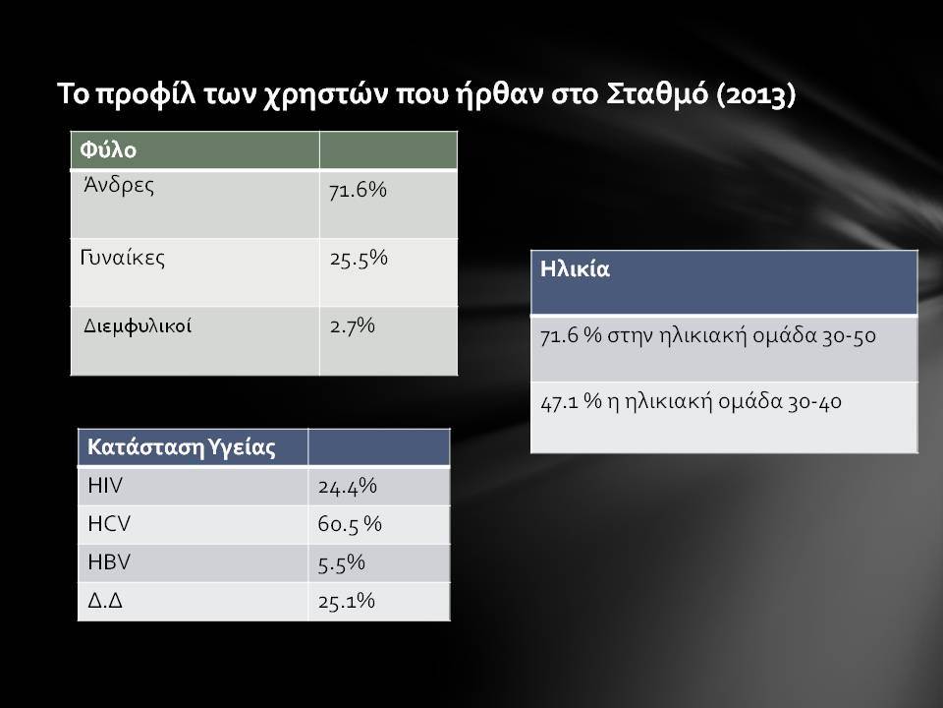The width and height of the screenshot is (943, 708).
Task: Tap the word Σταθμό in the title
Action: tap(657, 94)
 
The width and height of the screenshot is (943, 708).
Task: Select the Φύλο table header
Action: tap(108, 149)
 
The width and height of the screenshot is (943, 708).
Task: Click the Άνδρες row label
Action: tap(119, 186)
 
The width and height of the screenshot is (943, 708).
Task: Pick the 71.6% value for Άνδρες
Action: tap(358, 190)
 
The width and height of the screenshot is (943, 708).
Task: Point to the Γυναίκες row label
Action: tap(122, 258)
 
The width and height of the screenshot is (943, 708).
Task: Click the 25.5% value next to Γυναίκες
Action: tap(359, 259)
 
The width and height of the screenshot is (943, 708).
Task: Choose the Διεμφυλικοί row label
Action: tap(138, 326)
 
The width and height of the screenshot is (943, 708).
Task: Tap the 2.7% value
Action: tap(352, 325)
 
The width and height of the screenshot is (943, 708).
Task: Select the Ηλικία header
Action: tap(575, 269)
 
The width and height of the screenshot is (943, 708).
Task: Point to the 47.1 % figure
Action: tap(571, 401)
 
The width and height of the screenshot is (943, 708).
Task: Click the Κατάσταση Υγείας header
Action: tap(182, 447)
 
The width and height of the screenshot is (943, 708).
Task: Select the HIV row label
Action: tap(105, 485)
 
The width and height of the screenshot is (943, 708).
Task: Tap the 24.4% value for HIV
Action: tap(347, 487)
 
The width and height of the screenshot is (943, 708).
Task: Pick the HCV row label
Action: tap(109, 524)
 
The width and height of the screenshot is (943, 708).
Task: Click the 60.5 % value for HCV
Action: tap(350, 524)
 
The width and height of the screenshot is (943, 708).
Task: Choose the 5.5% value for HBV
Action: tap(341, 562)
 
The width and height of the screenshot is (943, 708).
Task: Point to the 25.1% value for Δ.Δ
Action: tap(347, 601)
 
